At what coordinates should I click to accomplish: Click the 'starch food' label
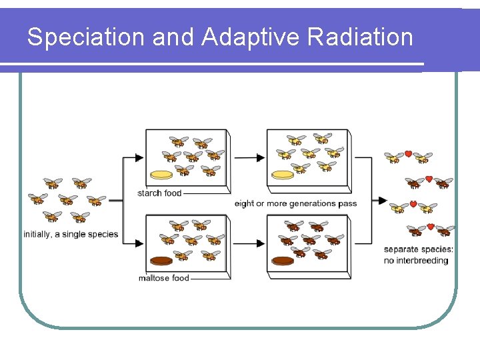[x=159, y=193]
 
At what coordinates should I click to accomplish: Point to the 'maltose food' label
[x=163, y=278]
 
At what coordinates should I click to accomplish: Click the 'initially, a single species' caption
[x=71, y=234]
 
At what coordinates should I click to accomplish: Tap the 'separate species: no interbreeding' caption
[x=418, y=255]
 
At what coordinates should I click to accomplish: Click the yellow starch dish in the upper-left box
[x=162, y=175]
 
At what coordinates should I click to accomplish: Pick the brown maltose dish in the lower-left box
[x=161, y=261]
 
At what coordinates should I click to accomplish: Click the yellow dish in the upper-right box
[x=283, y=175]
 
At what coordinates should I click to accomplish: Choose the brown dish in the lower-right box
[x=283, y=261]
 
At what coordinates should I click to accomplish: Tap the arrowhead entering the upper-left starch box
[x=139, y=158]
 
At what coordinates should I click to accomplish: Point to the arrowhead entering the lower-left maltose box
[x=139, y=243]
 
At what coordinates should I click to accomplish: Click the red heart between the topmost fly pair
[x=408, y=155]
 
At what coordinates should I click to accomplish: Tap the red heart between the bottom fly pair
[x=430, y=227]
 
